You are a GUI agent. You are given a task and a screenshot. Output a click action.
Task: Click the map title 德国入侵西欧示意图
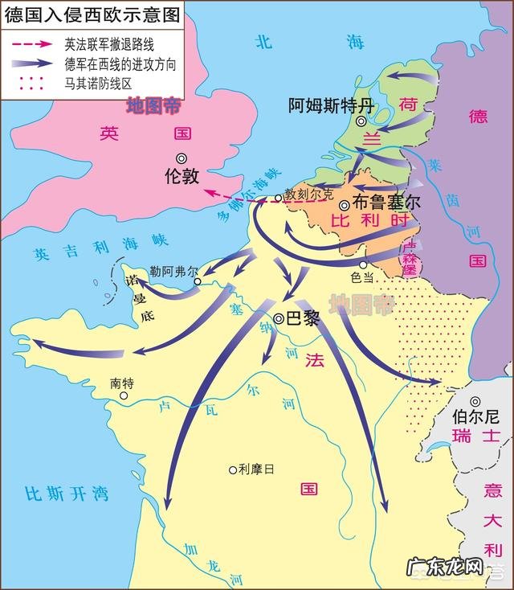click(91, 13)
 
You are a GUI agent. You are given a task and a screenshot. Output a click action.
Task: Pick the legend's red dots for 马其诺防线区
click(31, 81)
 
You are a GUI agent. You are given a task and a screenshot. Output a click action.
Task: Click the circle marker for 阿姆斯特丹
click(362, 121)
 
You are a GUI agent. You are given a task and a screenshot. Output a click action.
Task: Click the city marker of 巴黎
click(278, 319)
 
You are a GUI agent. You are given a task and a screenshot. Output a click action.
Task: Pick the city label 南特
click(123, 383)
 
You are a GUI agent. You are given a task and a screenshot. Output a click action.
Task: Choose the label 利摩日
click(256, 469)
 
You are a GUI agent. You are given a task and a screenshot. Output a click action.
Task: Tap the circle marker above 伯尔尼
click(475, 401)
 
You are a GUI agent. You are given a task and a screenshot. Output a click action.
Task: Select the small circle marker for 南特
click(124, 395)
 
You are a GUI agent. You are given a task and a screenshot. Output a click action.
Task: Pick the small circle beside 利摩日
click(233, 470)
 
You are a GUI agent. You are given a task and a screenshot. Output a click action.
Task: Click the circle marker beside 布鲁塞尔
click(344, 205)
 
